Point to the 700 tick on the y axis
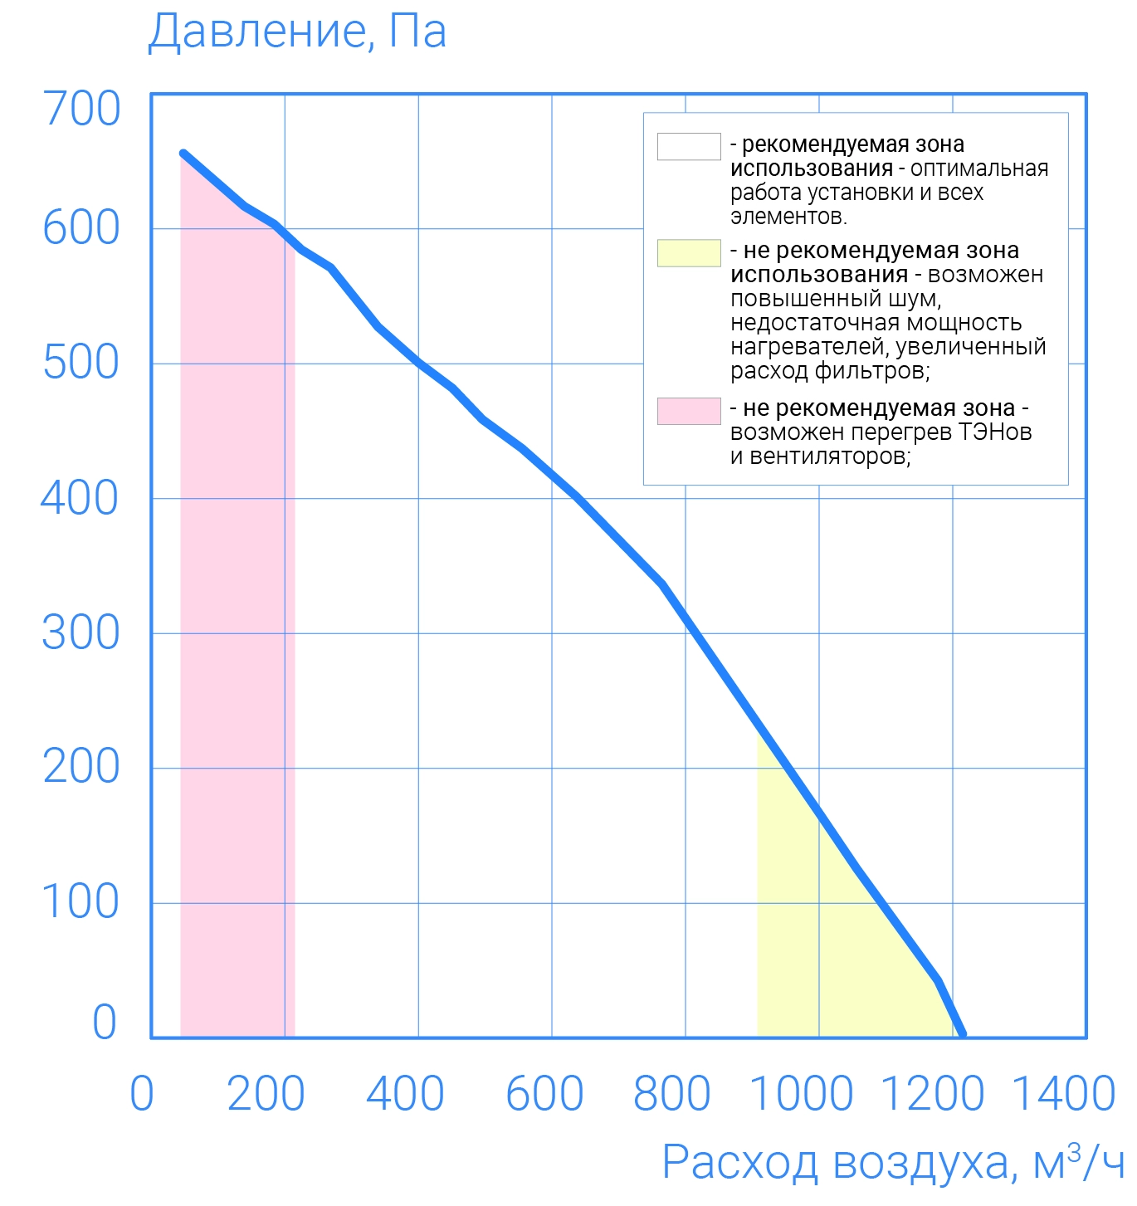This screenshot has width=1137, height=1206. [81, 109]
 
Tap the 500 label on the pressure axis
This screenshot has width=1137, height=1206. [81, 363]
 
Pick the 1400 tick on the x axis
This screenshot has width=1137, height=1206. [1064, 1093]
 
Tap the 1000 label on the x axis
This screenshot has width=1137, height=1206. [801, 1093]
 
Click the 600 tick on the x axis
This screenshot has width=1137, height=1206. [544, 1093]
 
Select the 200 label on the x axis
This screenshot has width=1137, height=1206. [266, 1093]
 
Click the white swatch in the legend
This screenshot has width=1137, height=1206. [689, 146]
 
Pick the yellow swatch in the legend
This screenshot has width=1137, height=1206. [689, 253]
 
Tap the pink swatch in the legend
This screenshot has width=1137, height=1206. [689, 411]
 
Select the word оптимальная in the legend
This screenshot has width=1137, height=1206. [979, 169]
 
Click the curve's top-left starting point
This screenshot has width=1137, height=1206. [183, 154]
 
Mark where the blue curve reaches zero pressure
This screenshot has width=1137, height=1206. [963, 1035]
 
